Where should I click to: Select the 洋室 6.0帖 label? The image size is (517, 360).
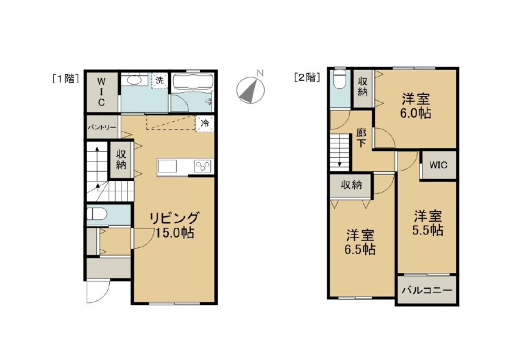coord(415,106)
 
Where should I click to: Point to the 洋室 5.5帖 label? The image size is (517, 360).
coord(427,223)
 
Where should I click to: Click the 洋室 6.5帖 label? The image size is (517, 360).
coord(360,242)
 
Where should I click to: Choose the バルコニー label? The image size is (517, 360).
coord(427,291)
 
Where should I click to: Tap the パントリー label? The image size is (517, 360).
coord(102,127)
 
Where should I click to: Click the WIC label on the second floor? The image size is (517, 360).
coord(438,164)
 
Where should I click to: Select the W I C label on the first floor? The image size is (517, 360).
coord(101,91)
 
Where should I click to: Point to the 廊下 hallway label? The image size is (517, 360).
coord(362,138)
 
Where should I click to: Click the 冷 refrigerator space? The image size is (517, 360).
coord(205,124)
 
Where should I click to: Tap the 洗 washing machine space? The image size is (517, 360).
coord(160,80)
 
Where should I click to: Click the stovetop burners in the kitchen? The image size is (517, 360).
coord(204,166)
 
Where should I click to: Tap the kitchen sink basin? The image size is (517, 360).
coord(168,166)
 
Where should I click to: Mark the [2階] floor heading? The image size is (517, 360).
coord(307,78)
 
